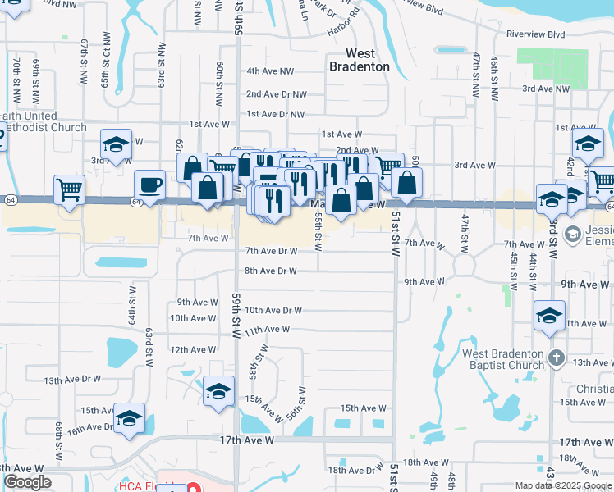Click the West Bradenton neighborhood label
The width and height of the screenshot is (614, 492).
coord(359,60)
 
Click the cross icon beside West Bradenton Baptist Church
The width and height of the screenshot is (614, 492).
coord(557,358)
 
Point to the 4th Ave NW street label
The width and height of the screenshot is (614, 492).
coord(270,71)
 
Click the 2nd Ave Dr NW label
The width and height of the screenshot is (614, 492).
coord(276,94)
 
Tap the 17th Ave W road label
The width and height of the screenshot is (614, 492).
coord(245,440)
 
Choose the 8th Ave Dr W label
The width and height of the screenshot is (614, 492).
coord(270,271)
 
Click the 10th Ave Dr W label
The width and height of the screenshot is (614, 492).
coord(274,311)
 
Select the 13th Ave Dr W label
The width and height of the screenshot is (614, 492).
coord(72,380)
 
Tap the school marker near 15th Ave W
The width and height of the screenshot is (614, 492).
coord(218,392)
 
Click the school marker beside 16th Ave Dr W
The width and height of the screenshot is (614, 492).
coord(129,419)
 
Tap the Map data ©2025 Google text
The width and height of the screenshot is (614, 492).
coord(563,485)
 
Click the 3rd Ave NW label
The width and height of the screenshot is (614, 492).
coord(546,89)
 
